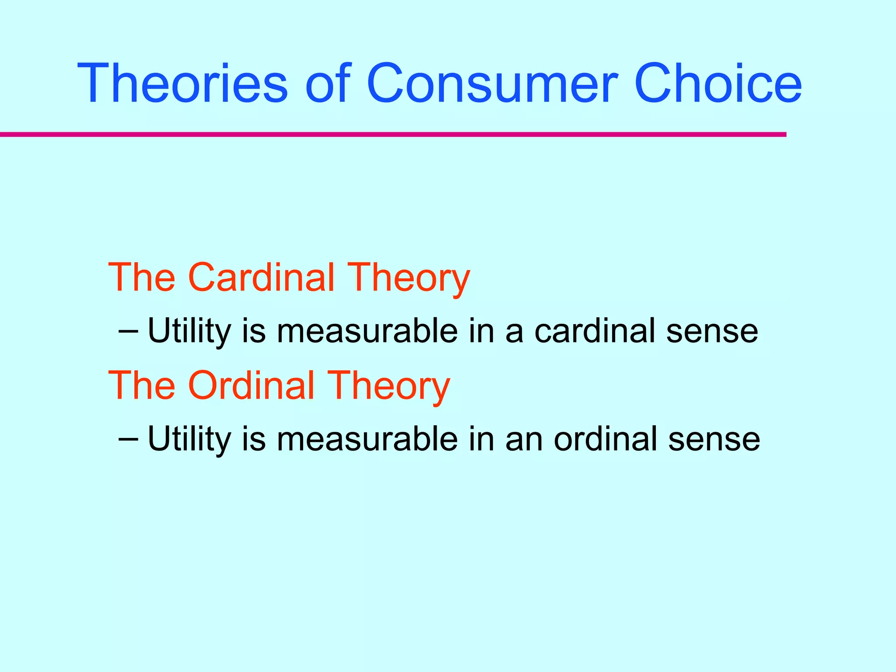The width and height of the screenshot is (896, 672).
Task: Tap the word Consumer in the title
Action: point(492,83)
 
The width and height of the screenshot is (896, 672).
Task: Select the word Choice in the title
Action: point(717,83)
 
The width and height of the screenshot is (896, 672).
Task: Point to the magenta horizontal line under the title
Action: point(394,134)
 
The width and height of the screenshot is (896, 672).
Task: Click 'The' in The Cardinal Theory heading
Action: point(142,277)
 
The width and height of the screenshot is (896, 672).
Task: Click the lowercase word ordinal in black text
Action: point(605,439)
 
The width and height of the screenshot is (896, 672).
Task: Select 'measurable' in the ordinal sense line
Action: point(367,439)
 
